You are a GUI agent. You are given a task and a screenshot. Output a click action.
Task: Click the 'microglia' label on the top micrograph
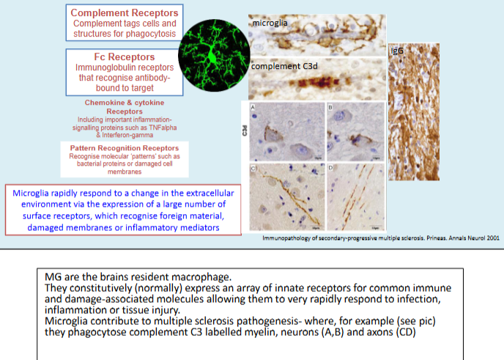(270, 23)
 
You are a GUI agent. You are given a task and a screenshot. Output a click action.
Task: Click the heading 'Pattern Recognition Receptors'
(124, 148)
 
